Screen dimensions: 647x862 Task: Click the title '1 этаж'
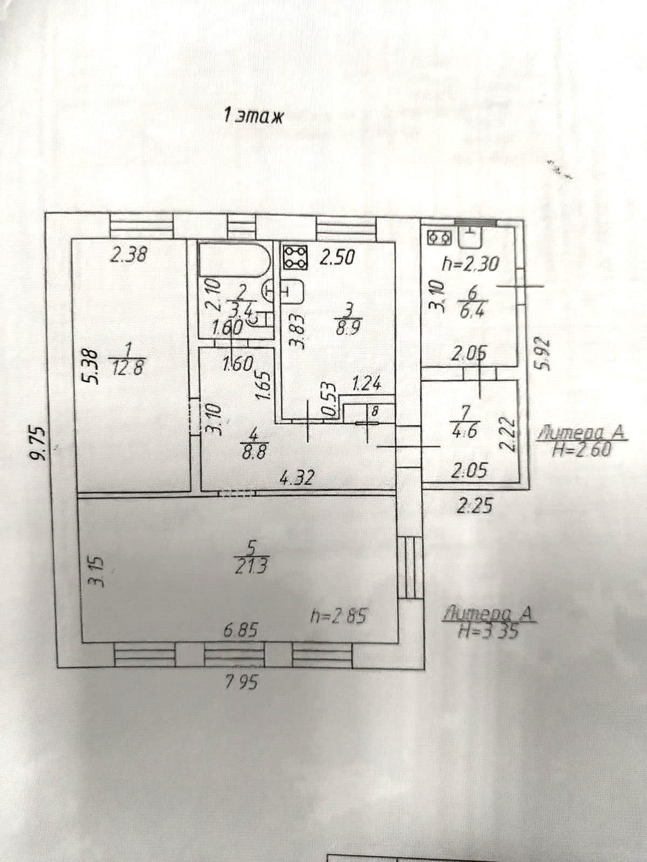(253, 116)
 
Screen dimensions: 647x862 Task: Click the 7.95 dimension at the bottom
(241, 682)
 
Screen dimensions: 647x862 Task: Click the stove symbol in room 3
(295, 257)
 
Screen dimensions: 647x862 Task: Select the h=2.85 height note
(339, 616)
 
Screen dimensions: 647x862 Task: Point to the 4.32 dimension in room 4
(297, 478)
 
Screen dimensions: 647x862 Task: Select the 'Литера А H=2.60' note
(583, 440)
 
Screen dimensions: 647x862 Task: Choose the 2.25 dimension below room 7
(474, 506)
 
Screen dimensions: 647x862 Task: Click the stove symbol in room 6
(439, 237)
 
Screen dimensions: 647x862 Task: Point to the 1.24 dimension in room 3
(366, 384)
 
